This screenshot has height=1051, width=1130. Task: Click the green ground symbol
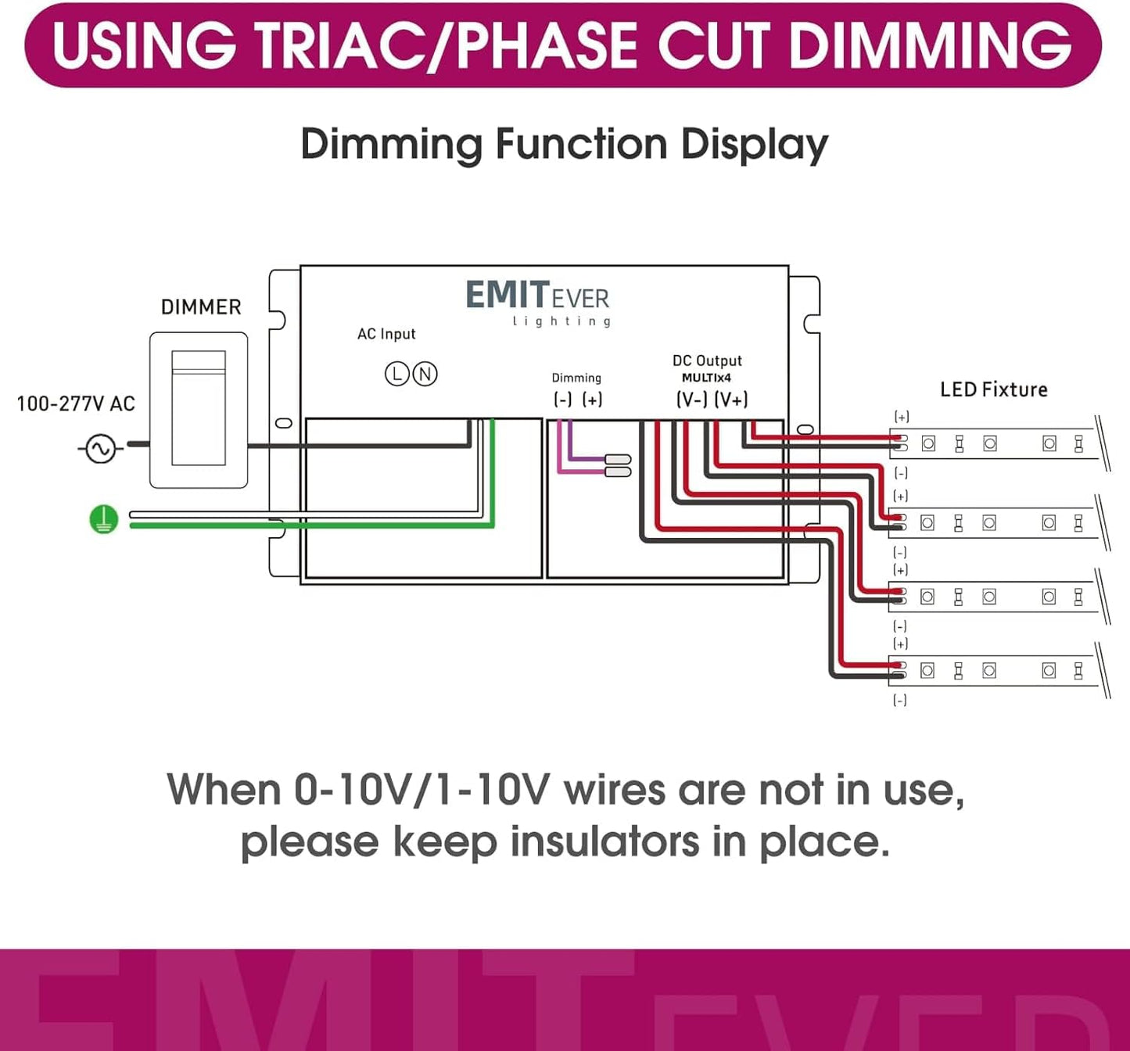click(103, 519)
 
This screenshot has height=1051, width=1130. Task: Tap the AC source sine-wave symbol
click(101, 448)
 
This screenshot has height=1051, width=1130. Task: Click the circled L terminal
click(396, 374)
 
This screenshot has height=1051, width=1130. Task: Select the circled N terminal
click(425, 374)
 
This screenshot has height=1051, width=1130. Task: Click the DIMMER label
click(202, 307)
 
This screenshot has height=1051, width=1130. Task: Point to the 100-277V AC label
click(76, 404)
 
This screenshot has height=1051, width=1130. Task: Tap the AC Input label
click(386, 334)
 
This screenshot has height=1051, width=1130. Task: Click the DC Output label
click(707, 360)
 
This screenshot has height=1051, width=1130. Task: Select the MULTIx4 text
click(706, 378)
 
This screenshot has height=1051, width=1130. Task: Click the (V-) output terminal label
click(691, 400)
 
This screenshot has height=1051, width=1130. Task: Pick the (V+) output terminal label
click(731, 400)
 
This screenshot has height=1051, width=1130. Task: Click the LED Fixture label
click(993, 389)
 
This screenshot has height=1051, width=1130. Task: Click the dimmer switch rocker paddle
click(199, 407)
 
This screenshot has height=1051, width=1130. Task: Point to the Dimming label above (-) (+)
click(576, 378)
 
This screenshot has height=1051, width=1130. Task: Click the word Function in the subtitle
click(582, 144)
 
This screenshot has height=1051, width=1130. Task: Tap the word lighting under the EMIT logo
click(561, 321)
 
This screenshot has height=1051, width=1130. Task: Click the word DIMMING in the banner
click(931, 45)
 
